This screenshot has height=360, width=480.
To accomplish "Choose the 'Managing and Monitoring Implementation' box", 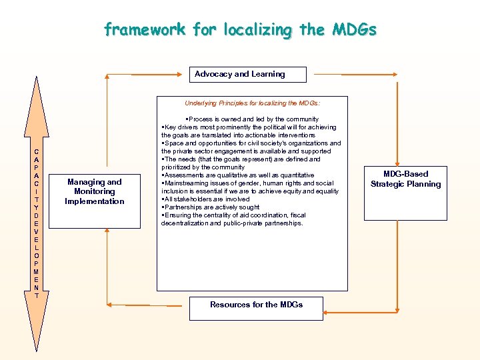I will [x=95, y=192].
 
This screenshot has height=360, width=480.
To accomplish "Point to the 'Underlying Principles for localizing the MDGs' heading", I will [x=252, y=103].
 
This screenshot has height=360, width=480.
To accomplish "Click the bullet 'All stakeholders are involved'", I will [x=206, y=199].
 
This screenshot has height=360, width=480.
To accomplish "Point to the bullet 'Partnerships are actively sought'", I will [x=211, y=207].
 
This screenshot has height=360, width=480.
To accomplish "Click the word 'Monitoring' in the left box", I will [x=95, y=191].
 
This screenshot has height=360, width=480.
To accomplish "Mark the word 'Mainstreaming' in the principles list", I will [x=186, y=183].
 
